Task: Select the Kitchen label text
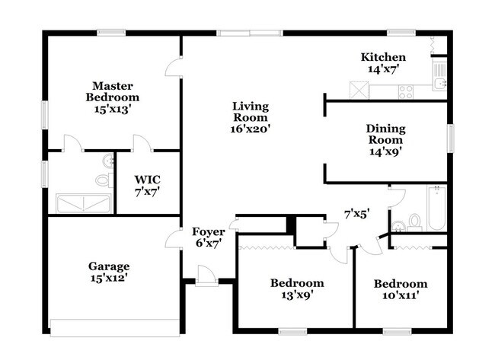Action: click(x=383, y=57)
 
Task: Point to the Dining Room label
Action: click(x=386, y=134)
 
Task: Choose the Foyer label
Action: click(x=207, y=231)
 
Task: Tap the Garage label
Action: click(x=108, y=266)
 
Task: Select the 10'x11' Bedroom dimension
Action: click(x=400, y=295)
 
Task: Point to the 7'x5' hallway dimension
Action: click(x=357, y=214)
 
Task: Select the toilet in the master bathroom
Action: click(x=104, y=180)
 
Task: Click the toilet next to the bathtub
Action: click(x=414, y=221)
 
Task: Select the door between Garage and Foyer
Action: click(x=174, y=238)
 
